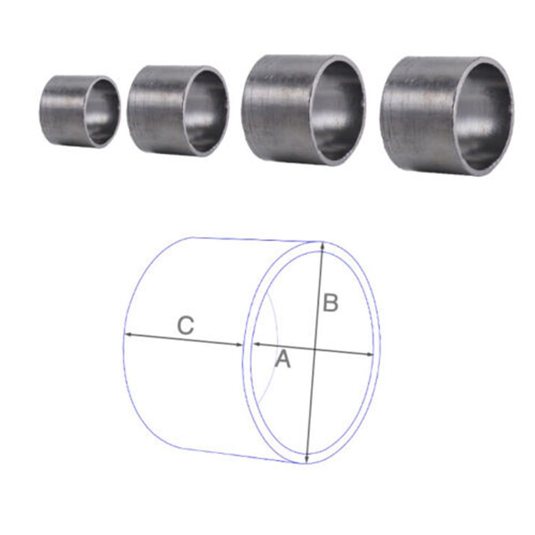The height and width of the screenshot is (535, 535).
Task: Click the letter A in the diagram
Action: [x=282, y=359]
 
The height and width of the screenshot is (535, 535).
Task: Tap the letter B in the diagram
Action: [x=330, y=303]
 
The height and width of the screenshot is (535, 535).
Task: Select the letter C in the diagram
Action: [x=185, y=325]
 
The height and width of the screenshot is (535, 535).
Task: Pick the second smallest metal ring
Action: [x=177, y=111]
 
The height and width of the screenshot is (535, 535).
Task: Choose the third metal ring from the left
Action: [x=303, y=109]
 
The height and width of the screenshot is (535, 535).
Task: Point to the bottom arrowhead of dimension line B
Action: [x=307, y=460]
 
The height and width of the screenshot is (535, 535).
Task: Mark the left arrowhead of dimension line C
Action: [x=128, y=335]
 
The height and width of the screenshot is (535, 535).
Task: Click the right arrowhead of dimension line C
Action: [x=240, y=345]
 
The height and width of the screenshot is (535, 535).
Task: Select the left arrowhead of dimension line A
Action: [x=255, y=345]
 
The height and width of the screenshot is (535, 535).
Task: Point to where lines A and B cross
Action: [x=314, y=350]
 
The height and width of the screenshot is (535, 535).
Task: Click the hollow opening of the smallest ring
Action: [x=101, y=111]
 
